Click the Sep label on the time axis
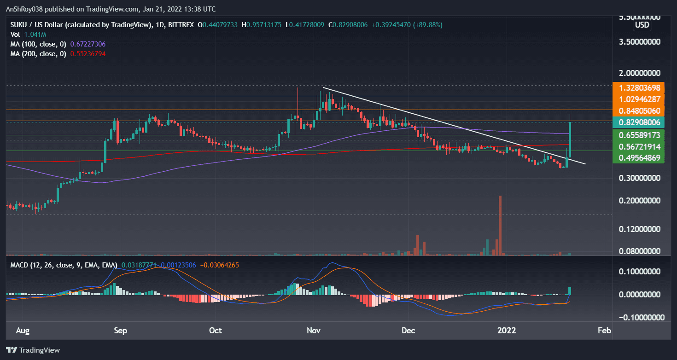[x=121, y=331]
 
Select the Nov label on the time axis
[x=314, y=331]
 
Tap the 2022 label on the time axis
[x=507, y=331]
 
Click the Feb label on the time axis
[x=604, y=331]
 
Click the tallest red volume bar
[x=500, y=226]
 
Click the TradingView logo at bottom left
[x=33, y=350]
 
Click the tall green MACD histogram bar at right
[x=570, y=291]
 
